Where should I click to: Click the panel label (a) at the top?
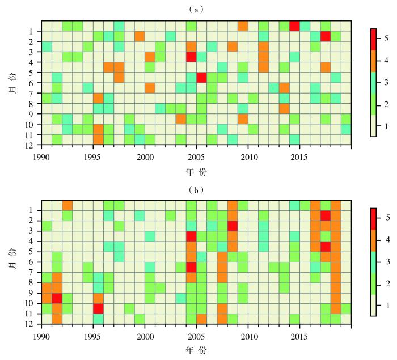pyautogui.click(x=198, y=10)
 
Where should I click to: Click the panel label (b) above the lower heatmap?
pyautogui.click(x=198, y=190)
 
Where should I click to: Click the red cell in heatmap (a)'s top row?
pyautogui.click(x=294, y=26)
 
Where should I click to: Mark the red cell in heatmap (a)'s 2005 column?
pyautogui.click(x=201, y=78)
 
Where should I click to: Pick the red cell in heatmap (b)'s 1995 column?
pyautogui.click(x=98, y=308)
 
